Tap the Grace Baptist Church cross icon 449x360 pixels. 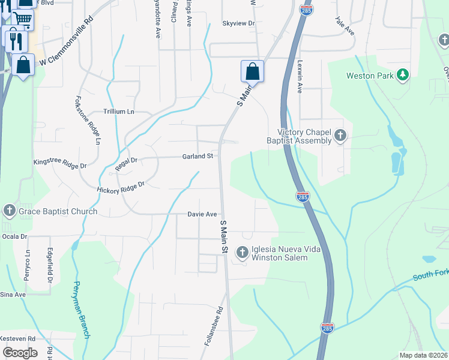click(9, 211)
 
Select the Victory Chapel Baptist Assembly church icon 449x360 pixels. click(340, 136)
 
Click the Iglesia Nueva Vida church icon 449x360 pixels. click(243, 253)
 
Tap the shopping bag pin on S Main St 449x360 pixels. click(253, 71)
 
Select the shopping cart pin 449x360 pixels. click(22, 19)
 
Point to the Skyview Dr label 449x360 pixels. click(238, 23)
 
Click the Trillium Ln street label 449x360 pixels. click(119, 112)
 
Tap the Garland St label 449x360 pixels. click(198, 156)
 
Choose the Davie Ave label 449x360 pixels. click(202, 214)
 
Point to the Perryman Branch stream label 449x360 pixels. click(82, 310)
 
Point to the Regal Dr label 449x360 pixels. click(126, 161)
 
